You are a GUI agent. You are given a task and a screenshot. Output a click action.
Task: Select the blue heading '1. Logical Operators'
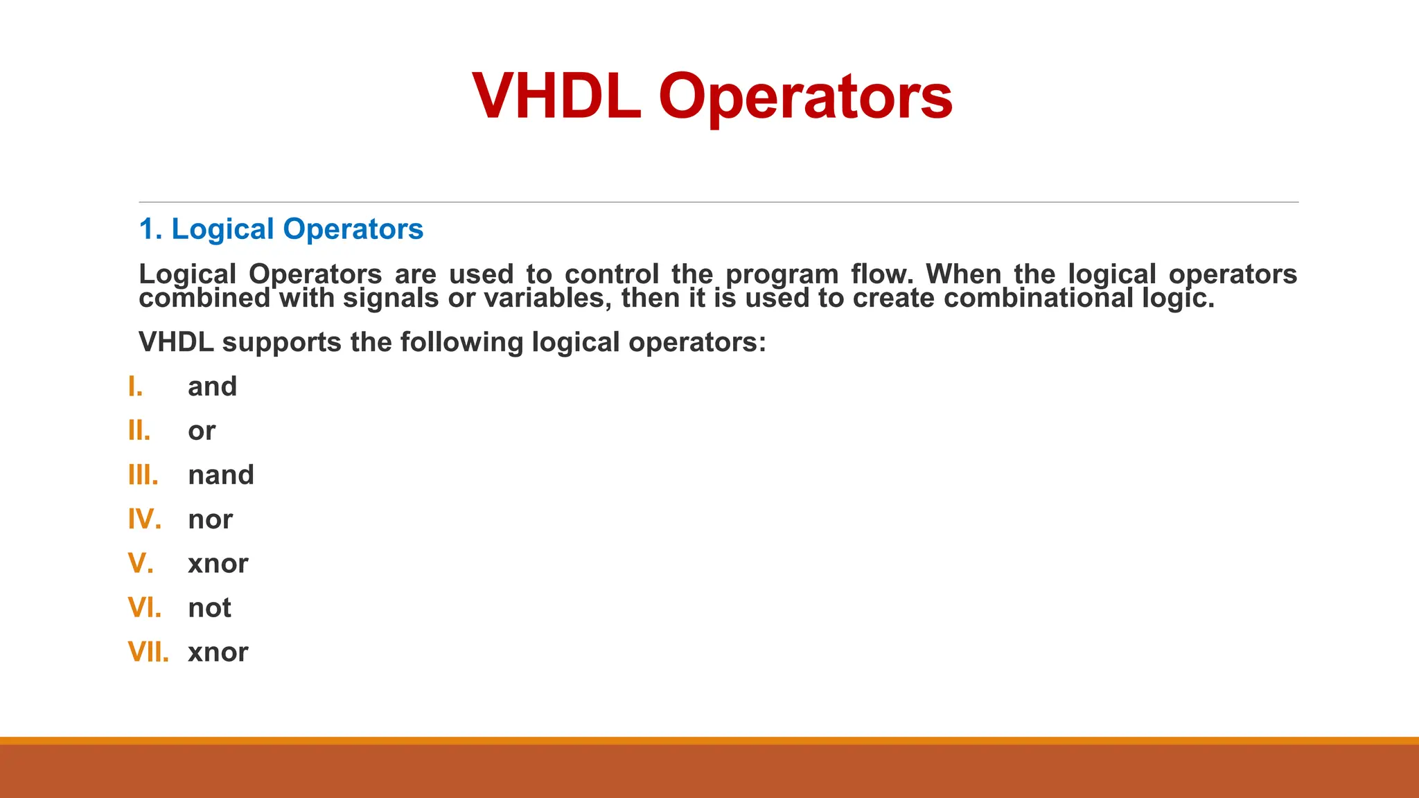(x=281, y=229)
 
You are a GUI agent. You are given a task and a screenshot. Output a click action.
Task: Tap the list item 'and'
(x=212, y=387)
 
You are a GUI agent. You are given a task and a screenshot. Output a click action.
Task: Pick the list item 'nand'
(x=221, y=475)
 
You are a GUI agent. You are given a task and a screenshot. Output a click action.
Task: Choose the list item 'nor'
(x=210, y=520)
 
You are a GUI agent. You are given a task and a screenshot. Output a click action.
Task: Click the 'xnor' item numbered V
(x=218, y=564)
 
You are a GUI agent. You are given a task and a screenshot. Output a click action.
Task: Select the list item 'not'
(x=209, y=608)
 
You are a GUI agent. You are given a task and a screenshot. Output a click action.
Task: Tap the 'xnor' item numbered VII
(x=218, y=653)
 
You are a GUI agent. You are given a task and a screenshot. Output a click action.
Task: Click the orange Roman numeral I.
(x=135, y=387)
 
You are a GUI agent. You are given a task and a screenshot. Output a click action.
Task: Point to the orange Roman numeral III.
(x=143, y=475)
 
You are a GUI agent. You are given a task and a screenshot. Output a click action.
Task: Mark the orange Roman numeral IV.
(x=144, y=520)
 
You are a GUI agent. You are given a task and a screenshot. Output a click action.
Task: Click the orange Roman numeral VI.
(x=144, y=608)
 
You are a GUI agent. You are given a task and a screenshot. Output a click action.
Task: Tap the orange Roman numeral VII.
(x=148, y=653)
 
